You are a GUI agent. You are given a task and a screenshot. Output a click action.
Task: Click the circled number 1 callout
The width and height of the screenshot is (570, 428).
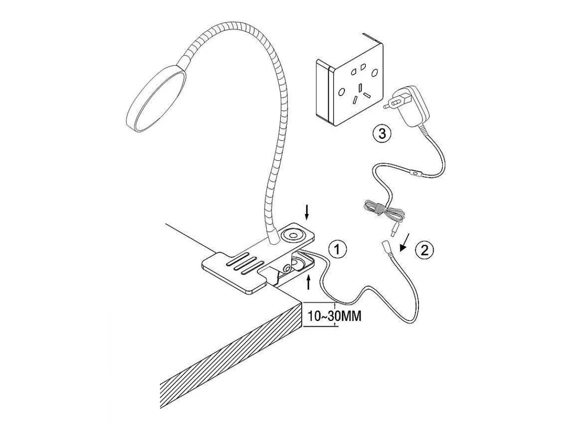coord(337,249)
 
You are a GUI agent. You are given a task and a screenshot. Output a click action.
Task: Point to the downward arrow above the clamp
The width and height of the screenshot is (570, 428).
coord(307,213)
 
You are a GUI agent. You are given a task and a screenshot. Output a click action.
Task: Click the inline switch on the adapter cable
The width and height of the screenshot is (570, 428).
coord(417,174)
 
